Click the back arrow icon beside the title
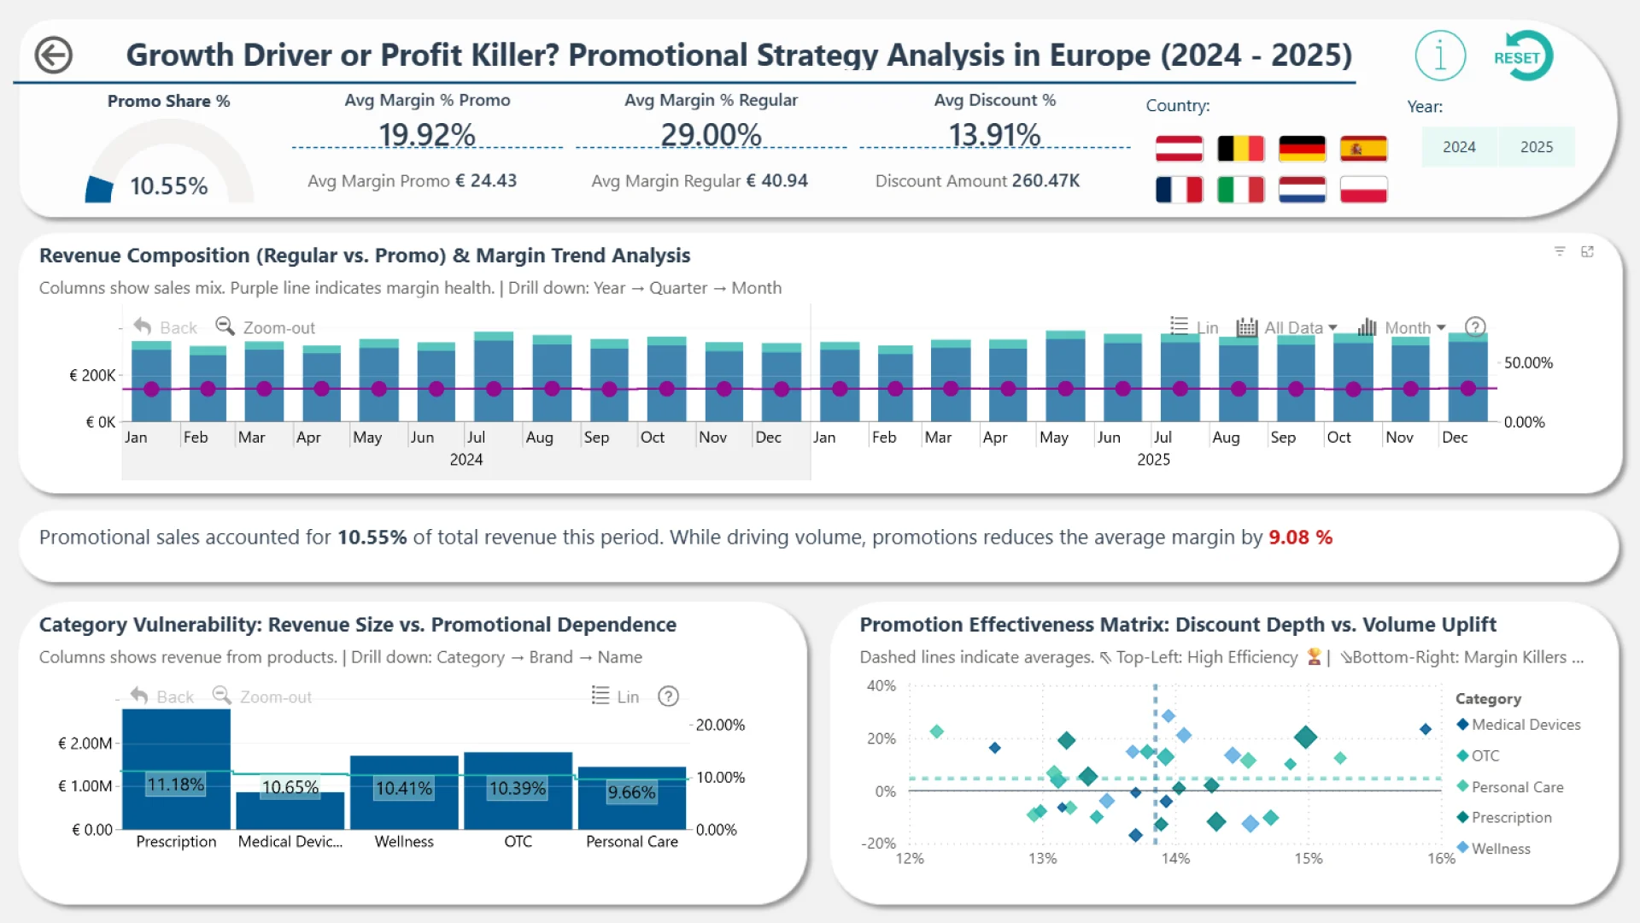pos(53,56)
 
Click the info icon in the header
pos(1440,56)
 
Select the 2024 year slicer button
pos(1459,147)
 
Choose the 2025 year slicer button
pos(1536,147)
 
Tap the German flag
pos(1302,149)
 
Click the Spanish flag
pos(1363,149)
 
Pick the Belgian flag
pos(1240,149)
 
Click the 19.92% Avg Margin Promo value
pos(426,135)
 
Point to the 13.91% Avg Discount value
pos(994,135)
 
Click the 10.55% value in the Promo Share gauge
pos(168,186)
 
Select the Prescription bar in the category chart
pos(176,769)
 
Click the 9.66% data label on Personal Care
pos(631,792)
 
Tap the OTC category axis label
pos(518,842)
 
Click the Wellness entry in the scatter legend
pos(1500,849)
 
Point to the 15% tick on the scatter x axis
pos(1308,858)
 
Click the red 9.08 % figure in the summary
pos(1300,538)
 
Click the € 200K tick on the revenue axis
pos(92,375)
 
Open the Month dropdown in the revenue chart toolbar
pos(1414,327)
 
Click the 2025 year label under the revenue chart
pos(1153,460)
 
